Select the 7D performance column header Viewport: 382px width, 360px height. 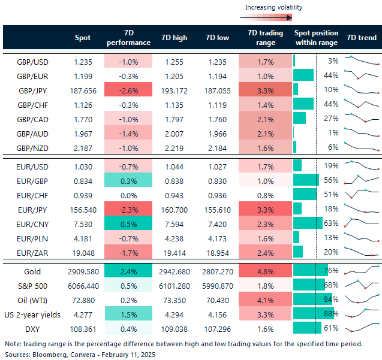coord(128,38)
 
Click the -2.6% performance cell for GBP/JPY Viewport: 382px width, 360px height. coord(128,89)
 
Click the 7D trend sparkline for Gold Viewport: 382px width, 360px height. coord(362,271)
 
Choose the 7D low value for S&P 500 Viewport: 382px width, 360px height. coord(219,286)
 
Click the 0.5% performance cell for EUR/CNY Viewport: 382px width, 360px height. coord(128,222)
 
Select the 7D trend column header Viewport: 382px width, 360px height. coord(362,38)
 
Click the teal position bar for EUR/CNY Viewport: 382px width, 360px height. coord(308,222)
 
